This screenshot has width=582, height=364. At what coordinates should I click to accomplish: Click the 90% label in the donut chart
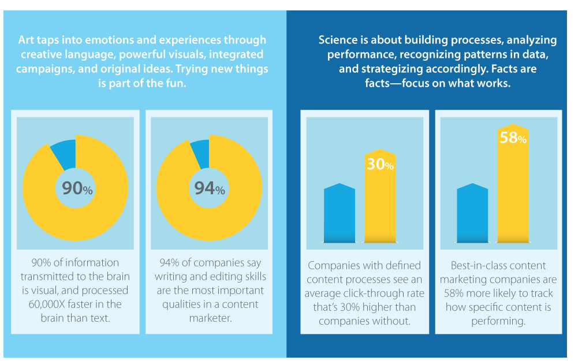tap(76, 188)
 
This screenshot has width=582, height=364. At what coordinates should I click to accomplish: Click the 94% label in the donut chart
tap(209, 188)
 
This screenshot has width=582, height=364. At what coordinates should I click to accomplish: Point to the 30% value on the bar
tap(380, 165)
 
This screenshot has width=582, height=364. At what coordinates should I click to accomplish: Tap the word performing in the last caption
tap(498, 321)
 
